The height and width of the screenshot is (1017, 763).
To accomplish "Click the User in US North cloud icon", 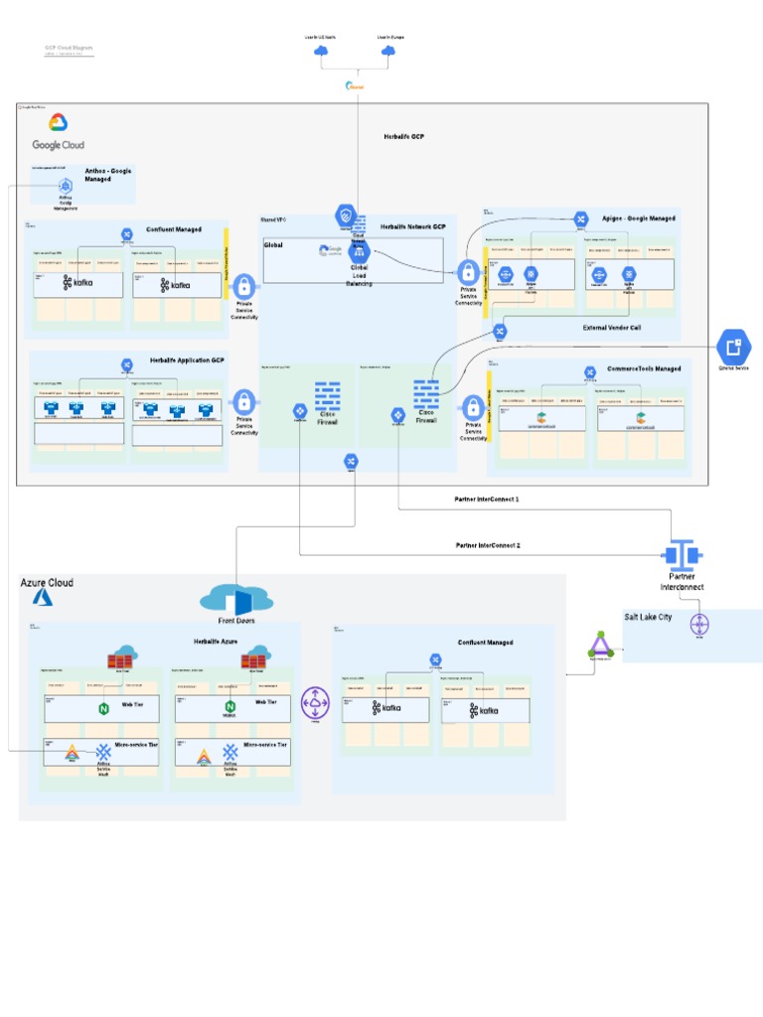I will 320,54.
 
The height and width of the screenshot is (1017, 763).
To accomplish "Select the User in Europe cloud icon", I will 389,54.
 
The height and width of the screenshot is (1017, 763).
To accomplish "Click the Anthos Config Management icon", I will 66,186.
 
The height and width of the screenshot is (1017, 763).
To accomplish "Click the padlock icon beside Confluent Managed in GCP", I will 243,286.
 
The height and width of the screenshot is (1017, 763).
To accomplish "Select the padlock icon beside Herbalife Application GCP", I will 243,403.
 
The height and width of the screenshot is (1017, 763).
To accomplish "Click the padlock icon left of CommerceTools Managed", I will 473,407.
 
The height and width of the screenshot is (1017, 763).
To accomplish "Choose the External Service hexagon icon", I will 734,348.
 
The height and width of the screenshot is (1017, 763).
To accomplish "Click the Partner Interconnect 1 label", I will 487,501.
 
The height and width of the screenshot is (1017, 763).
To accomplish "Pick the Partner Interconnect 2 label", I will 488,545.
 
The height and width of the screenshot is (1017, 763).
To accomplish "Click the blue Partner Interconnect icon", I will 682,554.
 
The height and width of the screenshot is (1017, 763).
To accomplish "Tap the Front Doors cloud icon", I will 236,599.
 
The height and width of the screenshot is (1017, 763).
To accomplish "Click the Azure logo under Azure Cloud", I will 43,598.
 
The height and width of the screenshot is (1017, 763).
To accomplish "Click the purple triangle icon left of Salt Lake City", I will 599,645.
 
